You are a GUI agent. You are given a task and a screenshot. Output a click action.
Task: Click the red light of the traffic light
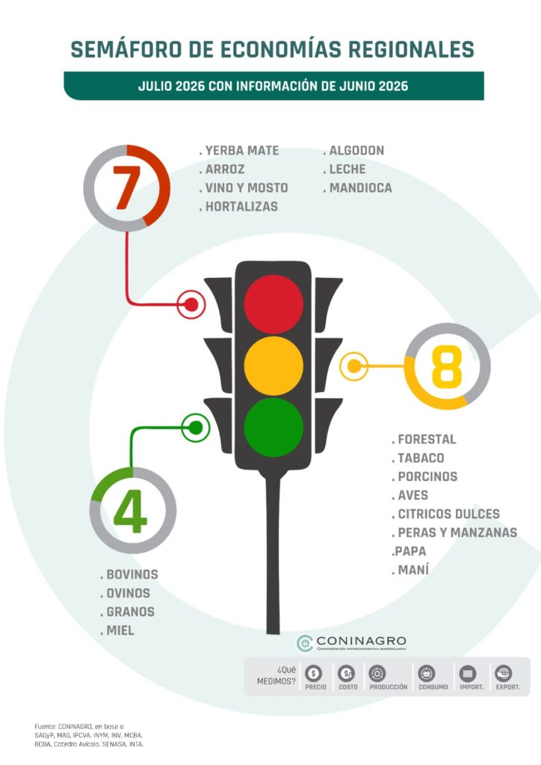click(273, 304)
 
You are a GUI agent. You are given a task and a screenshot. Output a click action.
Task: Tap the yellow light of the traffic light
click(273, 365)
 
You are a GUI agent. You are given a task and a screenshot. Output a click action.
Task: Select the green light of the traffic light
click(273, 427)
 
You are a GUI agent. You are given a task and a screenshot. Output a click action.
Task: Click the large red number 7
click(127, 188)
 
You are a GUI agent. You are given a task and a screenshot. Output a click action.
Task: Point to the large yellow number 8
click(447, 366)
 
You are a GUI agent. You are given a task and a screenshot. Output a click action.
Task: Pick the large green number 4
click(131, 511)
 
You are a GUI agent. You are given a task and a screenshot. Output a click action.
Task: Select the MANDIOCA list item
click(360, 188)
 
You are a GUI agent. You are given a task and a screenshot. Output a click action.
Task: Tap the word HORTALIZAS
click(241, 206)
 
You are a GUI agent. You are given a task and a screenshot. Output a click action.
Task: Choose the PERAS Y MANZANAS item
click(457, 532)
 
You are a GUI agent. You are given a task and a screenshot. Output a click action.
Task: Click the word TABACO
click(421, 458)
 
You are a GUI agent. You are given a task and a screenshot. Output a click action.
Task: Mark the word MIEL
click(120, 631)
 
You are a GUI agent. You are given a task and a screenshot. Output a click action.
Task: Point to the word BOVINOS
click(132, 574)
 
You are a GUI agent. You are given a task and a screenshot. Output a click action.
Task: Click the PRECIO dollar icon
click(313, 674)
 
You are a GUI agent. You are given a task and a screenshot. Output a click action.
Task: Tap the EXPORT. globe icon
click(503, 674)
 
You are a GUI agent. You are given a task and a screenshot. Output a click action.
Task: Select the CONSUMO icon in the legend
click(427, 674)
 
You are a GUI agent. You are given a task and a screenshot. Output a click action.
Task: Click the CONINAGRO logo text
click(361, 640)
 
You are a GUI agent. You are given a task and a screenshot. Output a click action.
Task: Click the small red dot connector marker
click(191, 305)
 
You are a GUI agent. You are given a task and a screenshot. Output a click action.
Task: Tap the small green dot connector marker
click(196, 428)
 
